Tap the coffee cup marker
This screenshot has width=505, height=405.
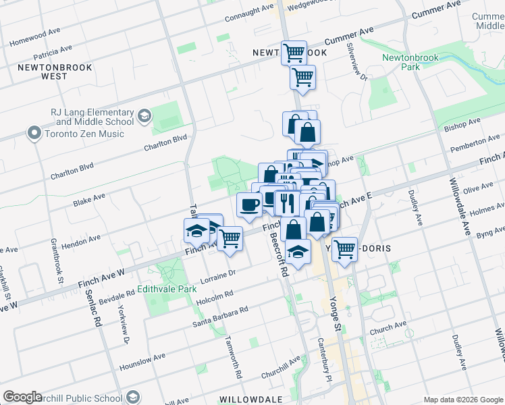tap(249, 205)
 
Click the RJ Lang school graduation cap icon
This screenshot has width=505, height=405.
tap(144, 117)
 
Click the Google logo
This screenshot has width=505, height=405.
tap(22, 397)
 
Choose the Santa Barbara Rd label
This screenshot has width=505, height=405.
tap(220, 315)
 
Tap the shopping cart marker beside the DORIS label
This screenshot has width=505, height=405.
tap(345, 249)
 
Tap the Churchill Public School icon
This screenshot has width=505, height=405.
tap(133, 397)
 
